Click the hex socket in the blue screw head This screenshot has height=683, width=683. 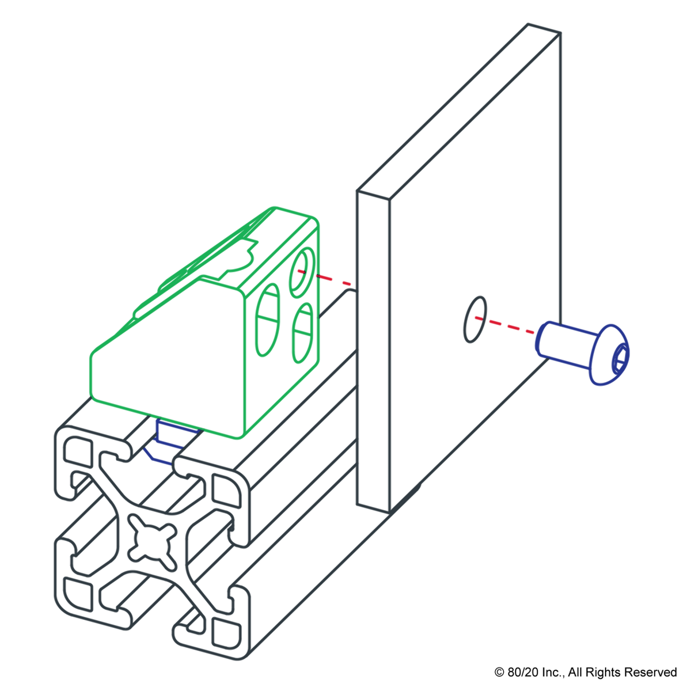tap(620, 356)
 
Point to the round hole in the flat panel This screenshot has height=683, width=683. tap(474, 320)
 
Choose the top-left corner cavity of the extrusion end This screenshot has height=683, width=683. tap(77, 450)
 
